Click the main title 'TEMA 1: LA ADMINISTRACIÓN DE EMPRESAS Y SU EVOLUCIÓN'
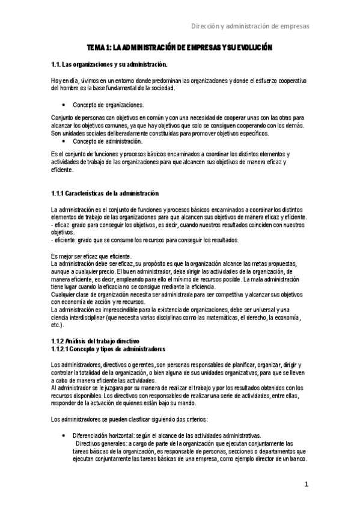coord(180,48)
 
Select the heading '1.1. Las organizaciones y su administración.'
coord(109,64)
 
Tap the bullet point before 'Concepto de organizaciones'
coord(63,104)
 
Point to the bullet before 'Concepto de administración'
coord(63,142)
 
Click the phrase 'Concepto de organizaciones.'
coord(108,104)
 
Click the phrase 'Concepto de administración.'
coord(108,142)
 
